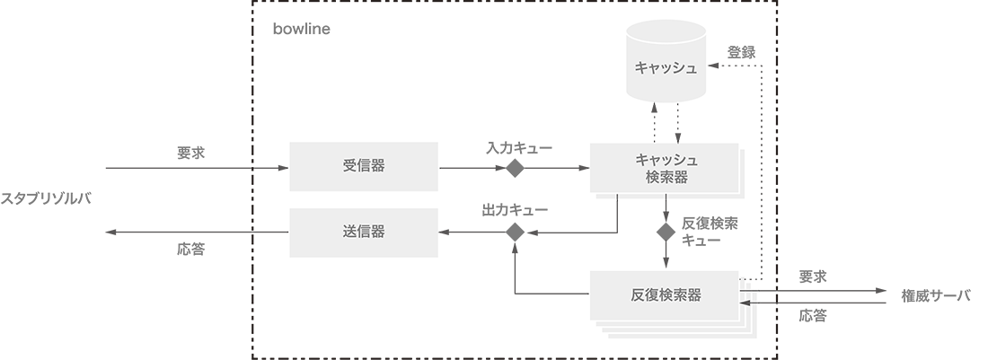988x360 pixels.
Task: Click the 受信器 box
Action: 363,166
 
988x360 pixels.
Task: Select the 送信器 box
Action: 363,232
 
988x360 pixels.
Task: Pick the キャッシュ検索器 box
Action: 666,168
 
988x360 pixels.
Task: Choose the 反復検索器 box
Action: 666,294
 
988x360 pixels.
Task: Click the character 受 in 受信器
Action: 349,166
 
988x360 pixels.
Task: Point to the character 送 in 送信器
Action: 349,232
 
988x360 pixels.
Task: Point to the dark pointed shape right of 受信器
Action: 452,166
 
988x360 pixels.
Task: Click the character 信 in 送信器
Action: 363,232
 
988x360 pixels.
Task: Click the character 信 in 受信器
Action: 363,166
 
